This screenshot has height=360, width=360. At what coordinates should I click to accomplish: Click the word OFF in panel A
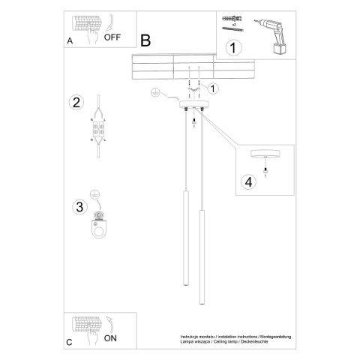(x=112, y=35)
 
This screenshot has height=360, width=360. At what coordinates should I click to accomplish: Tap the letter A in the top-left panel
(x=70, y=41)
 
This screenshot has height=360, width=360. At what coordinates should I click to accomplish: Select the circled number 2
(x=75, y=103)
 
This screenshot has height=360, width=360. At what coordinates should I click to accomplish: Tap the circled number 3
(x=76, y=206)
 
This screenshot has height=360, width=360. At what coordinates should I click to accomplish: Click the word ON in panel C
(x=110, y=338)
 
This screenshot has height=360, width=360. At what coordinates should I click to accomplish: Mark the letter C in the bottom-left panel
(x=69, y=342)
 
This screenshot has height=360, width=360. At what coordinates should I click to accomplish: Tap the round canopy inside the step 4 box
(x=265, y=154)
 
